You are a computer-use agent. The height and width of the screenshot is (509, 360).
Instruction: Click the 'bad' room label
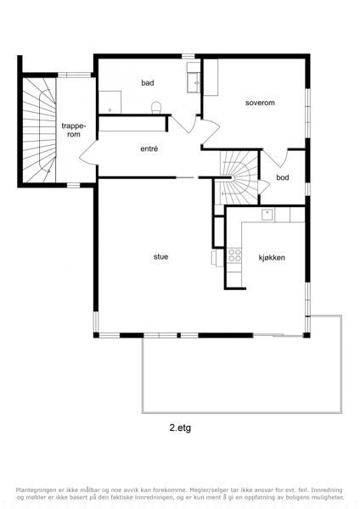point(148,83)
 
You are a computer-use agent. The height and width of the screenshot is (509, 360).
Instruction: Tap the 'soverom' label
point(260,103)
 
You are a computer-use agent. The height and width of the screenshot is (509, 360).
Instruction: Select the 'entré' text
point(149,149)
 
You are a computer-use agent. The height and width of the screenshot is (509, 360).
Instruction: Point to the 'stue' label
point(160,257)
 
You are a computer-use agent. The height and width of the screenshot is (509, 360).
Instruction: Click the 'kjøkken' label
point(272,258)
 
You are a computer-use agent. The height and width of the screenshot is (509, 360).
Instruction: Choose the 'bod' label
point(283,177)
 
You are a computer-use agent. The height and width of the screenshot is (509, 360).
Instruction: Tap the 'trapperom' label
point(74,130)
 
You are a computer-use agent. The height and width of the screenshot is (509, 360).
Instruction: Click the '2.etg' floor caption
point(180,428)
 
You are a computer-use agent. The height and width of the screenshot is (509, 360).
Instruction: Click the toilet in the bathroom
point(156,108)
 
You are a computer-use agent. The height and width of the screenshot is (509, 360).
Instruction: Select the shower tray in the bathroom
point(110,103)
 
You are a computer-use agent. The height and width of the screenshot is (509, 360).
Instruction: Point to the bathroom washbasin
point(194,83)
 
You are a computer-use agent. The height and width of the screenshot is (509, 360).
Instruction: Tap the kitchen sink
point(267,215)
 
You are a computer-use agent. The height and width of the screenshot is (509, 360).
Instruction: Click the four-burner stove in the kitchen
point(234,255)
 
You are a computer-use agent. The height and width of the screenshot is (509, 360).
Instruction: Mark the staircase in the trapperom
point(40,130)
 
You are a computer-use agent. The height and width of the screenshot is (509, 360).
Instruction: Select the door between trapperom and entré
point(88,153)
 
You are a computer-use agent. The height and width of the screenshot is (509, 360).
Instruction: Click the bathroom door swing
point(184,124)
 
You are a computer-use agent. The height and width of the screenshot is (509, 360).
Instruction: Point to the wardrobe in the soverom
point(211,77)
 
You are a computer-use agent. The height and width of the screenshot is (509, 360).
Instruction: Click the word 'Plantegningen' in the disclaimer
point(34,489)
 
